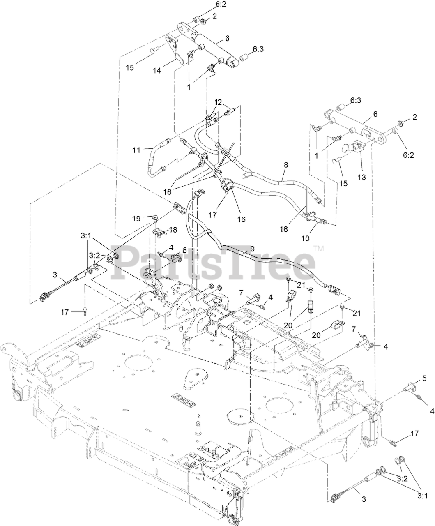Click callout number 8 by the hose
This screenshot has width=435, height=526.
tap(286, 164)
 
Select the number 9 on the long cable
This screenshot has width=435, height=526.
tap(252, 248)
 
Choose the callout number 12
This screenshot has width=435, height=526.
tap(218, 102)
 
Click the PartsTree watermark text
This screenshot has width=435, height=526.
tap(214, 259)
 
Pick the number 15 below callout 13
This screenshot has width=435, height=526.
tap(343, 183)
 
